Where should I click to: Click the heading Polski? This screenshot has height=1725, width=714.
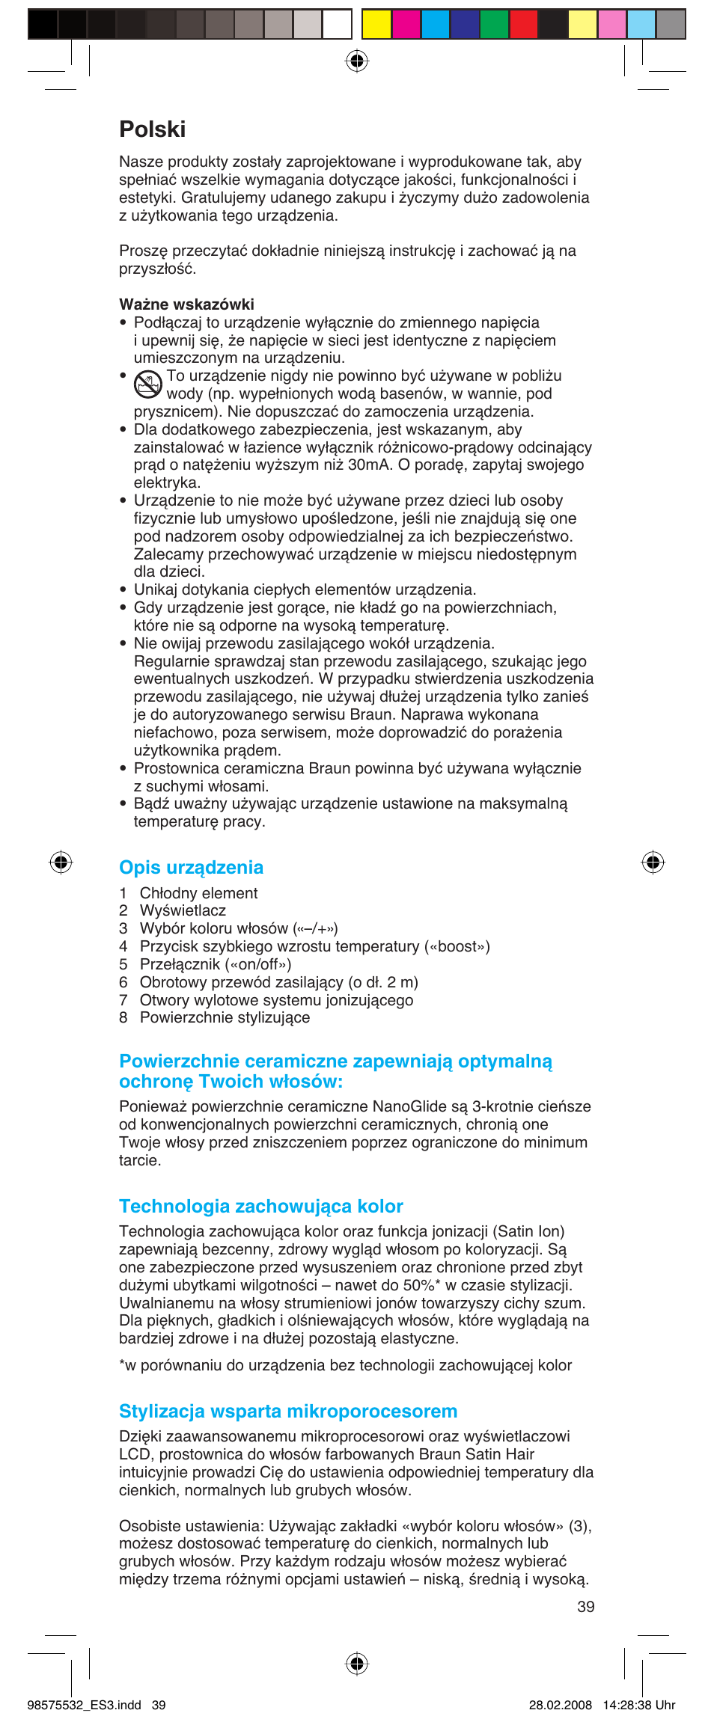(x=153, y=129)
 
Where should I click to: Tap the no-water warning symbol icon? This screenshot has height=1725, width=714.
(x=148, y=384)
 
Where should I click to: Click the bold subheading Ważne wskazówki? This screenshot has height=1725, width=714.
(x=186, y=304)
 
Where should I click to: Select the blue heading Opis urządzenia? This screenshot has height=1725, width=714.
(x=191, y=868)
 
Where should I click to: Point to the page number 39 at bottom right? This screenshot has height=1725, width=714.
(x=586, y=1607)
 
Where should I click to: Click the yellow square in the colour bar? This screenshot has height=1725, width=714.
(x=376, y=24)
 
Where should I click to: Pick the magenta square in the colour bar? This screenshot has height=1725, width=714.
(x=406, y=24)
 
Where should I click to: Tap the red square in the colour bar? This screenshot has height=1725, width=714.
(x=523, y=24)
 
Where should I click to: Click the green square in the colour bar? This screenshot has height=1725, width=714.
(x=494, y=24)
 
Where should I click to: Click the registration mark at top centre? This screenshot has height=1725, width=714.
(x=357, y=61)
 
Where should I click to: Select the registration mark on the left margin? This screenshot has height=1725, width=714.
(x=61, y=862)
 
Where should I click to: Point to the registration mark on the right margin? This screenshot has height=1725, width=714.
(x=653, y=862)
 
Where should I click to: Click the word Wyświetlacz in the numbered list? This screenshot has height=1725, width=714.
(x=183, y=911)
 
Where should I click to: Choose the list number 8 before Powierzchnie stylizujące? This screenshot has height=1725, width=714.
(x=123, y=1018)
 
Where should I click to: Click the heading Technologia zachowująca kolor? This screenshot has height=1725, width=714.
(x=260, y=1207)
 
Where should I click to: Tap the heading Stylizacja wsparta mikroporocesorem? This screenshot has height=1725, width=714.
(x=288, y=1412)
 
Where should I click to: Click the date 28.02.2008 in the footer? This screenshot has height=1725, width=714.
(x=560, y=1706)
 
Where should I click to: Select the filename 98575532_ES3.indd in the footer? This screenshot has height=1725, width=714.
(x=84, y=1706)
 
